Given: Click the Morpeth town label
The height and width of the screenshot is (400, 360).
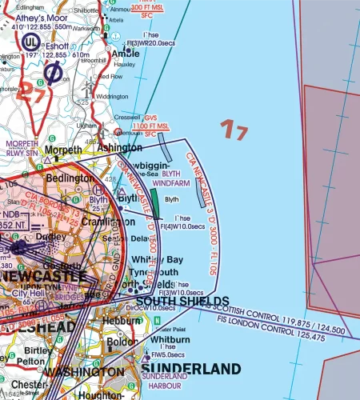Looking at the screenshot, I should point(63,150).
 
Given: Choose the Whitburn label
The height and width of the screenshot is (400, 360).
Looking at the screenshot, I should point(165,339).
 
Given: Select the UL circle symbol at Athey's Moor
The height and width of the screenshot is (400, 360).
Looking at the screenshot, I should point(31,41).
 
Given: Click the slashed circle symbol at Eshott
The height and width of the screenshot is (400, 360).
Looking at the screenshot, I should point(54,74).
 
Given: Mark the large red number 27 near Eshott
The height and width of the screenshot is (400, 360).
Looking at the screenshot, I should point(34,89).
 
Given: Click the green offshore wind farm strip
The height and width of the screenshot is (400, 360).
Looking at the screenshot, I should point(154,207).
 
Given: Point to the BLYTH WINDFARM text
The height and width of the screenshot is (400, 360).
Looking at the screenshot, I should point(177,178).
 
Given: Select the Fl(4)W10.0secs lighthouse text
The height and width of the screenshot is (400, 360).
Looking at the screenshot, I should point(181,227).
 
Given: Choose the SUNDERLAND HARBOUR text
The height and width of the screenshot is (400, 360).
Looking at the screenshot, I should point(166,378).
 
